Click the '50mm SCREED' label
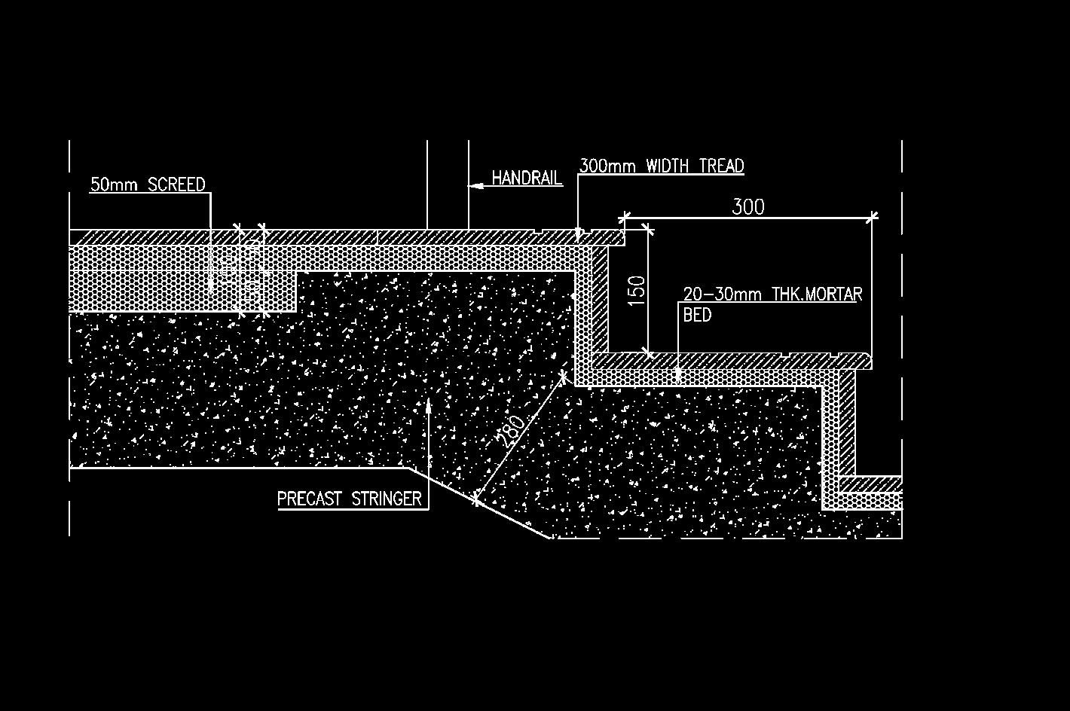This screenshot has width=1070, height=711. [x=148, y=185]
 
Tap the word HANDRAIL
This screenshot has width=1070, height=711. [x=527, y=178]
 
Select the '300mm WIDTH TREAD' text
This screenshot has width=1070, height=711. [x=662, y=166]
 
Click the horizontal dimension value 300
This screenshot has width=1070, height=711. [x=748, y=206]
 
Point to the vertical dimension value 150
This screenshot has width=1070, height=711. [x=637, y=291]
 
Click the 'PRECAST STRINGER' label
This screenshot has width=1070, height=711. [x=349, y=499]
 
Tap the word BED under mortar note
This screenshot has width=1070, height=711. [x=697, y=315]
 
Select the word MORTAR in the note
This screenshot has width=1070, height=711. [x=833, y=294]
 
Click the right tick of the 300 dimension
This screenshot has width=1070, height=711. [x=872, y=218]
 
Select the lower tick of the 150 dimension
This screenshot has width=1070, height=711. [x=647, y=352]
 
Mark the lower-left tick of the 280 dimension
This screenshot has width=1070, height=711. [x=476, y=499]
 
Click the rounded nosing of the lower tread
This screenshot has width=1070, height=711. [x=867, y=361]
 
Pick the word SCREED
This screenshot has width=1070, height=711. [x=176, y=185]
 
